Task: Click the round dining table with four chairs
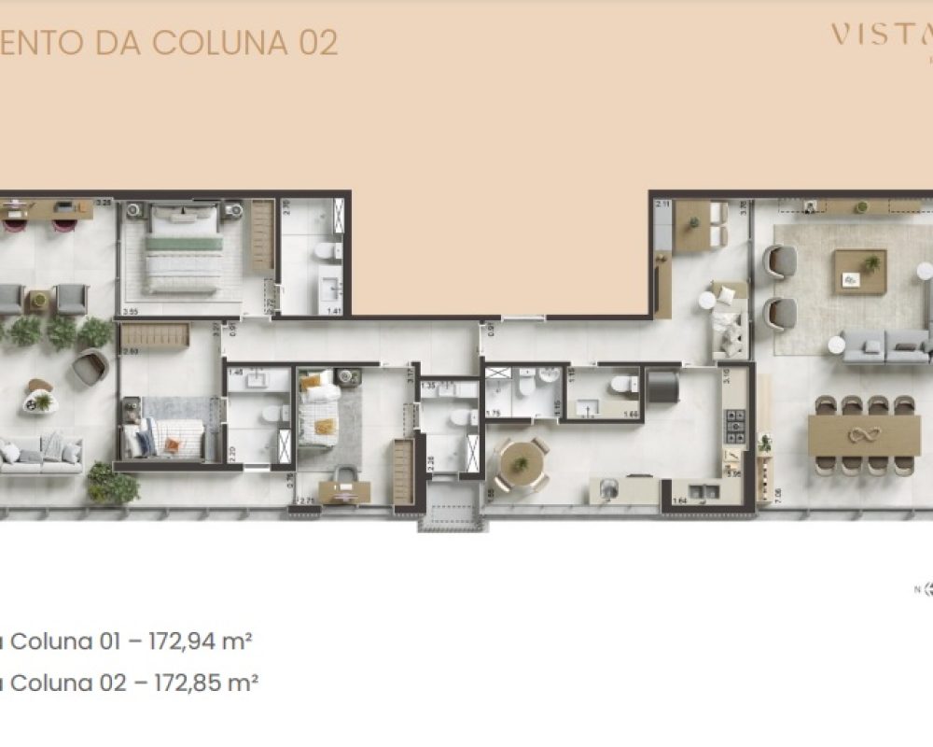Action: [x=521, y=463]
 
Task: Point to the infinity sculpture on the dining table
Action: [x=864, y=434]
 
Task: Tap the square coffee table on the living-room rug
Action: [x=860, y=272]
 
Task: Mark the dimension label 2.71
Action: [x=307, y=502]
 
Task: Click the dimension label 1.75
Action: [x=494, y=413]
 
